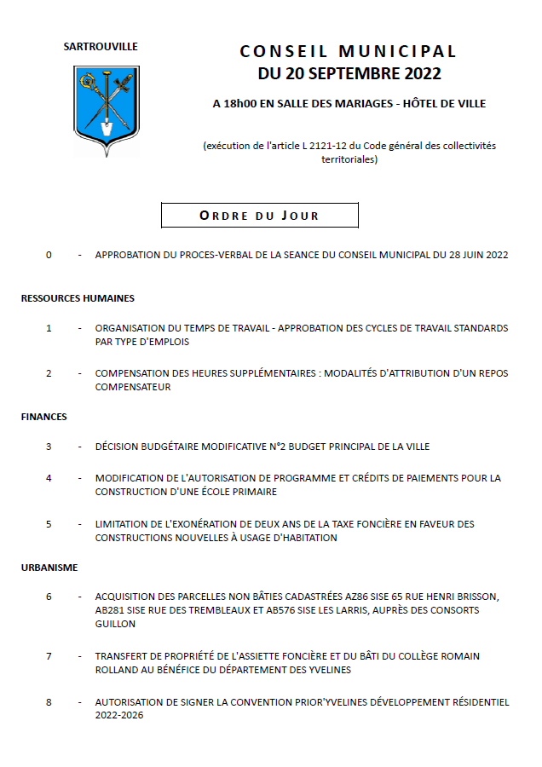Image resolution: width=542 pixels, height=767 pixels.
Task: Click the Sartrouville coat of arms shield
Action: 107,109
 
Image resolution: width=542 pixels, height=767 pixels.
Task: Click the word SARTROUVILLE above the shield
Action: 101,47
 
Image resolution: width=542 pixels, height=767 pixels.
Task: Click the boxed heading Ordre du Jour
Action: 259,216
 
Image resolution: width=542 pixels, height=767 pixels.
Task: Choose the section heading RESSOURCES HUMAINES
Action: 78,298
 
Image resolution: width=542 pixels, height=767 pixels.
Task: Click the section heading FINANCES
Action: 44,417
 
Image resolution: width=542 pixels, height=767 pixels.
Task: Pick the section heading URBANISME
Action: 49,567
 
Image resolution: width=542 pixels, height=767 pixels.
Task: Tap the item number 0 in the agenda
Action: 49,255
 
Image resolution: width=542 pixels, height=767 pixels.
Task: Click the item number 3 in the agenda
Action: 49,447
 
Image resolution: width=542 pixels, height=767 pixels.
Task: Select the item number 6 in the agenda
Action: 49,597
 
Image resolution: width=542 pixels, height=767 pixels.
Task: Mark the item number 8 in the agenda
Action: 49,702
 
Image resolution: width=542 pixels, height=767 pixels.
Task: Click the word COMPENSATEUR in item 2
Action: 133,387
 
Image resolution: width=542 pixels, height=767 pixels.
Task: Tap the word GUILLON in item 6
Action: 115,624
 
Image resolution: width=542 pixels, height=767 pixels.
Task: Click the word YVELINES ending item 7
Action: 329,670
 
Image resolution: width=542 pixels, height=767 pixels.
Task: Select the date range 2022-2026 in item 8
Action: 119,716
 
